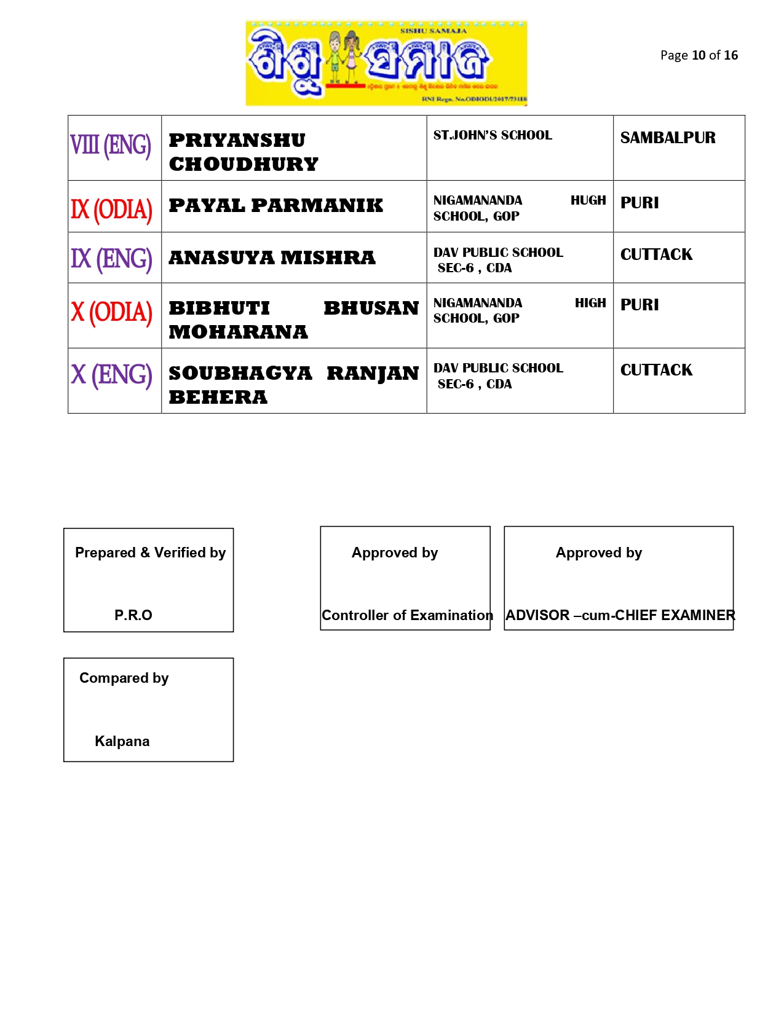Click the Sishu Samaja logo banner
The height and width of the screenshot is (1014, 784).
point(386,63)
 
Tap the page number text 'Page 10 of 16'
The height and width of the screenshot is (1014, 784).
point(699,55)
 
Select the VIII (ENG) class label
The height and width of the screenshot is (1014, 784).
point(111,146)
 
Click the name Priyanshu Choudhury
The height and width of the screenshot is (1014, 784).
point(244,152)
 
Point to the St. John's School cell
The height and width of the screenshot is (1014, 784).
point(493,135)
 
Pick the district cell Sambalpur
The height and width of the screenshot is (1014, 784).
point(668,138)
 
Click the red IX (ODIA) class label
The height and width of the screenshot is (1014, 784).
point(111,210)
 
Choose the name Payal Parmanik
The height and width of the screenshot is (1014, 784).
point(275,205)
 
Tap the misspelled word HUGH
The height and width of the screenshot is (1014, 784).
point(588,200)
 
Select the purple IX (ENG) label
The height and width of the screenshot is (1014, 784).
point(111,259)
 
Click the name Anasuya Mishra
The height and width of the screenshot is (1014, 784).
point(272,257)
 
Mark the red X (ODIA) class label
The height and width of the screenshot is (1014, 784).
point(111,312)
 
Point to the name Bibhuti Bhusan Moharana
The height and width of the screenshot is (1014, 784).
point(293,320)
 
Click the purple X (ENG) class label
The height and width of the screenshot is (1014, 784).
point(111,375)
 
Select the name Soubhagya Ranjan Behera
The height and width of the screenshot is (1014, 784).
point(293,385)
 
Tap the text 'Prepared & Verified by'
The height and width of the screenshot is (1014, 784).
point(150,552)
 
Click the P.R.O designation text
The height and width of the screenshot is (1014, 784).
point(133,615)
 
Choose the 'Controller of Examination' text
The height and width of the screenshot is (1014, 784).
point(407,615)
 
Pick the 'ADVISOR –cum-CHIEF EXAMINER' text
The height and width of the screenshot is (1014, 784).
point(620,615)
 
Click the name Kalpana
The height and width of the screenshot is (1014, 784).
point(122,741)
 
